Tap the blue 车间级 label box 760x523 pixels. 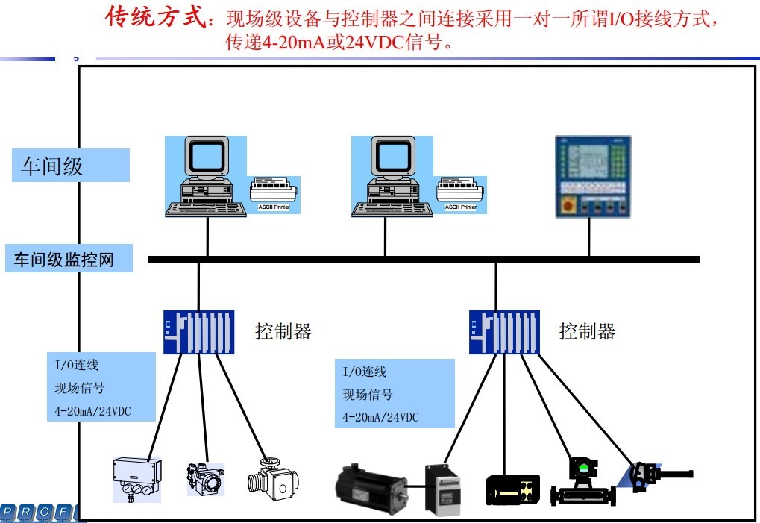coord(71,166)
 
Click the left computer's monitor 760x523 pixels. coord(206,156)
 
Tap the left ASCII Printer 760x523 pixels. coord(274,193)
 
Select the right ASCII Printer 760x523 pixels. coord(461,193)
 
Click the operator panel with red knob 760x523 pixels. coord(593,176)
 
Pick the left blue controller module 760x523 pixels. coord(198,331)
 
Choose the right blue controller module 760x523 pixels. coord(504,331)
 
